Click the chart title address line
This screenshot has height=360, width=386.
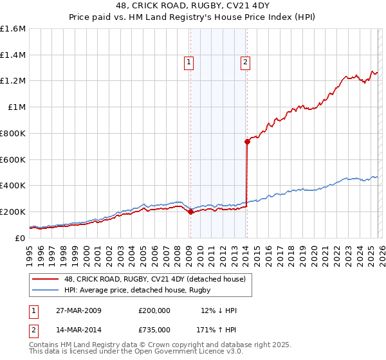(192, 6)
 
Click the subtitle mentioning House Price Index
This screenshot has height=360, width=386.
(192, 17)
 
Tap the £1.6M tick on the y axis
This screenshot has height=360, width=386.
(13, 29)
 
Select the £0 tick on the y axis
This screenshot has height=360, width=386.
(21, 238)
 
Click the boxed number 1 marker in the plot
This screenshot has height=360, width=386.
(189, 62)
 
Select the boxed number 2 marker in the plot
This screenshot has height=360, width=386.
(246, 62)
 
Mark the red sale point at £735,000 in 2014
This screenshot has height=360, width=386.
(246, 141)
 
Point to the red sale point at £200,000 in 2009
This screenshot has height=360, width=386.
(190, 212)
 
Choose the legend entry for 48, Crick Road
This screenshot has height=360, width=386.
(154, 279)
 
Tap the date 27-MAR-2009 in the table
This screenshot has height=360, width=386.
(78, 310)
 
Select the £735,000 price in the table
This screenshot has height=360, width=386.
(154, 329)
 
